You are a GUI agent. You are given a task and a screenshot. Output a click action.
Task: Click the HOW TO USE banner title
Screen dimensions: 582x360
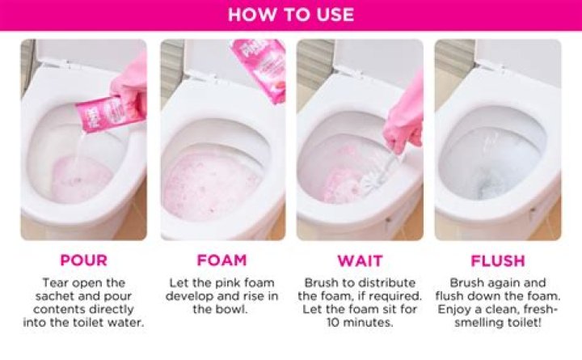point(291,15)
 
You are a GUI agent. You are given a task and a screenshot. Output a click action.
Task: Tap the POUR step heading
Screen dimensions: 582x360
point(83,260)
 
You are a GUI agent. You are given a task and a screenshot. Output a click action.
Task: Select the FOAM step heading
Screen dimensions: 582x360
point(221,260)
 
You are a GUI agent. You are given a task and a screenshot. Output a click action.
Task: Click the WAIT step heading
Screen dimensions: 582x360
point(360,260)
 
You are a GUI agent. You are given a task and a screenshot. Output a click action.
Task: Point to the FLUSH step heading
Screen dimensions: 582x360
point(498,260)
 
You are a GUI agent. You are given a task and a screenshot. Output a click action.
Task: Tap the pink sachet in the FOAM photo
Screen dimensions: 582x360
point(259,70)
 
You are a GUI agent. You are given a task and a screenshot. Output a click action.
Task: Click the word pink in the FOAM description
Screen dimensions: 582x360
point(223,283)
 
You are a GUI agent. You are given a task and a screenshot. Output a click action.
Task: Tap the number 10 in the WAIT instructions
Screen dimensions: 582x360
point(333,322)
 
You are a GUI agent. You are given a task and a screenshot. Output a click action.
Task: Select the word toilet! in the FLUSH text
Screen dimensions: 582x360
point(523,322)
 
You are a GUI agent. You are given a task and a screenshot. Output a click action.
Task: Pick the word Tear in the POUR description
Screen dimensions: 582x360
point(55,282)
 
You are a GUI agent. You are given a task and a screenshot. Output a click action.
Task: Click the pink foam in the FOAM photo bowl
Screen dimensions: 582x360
point(213,184)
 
